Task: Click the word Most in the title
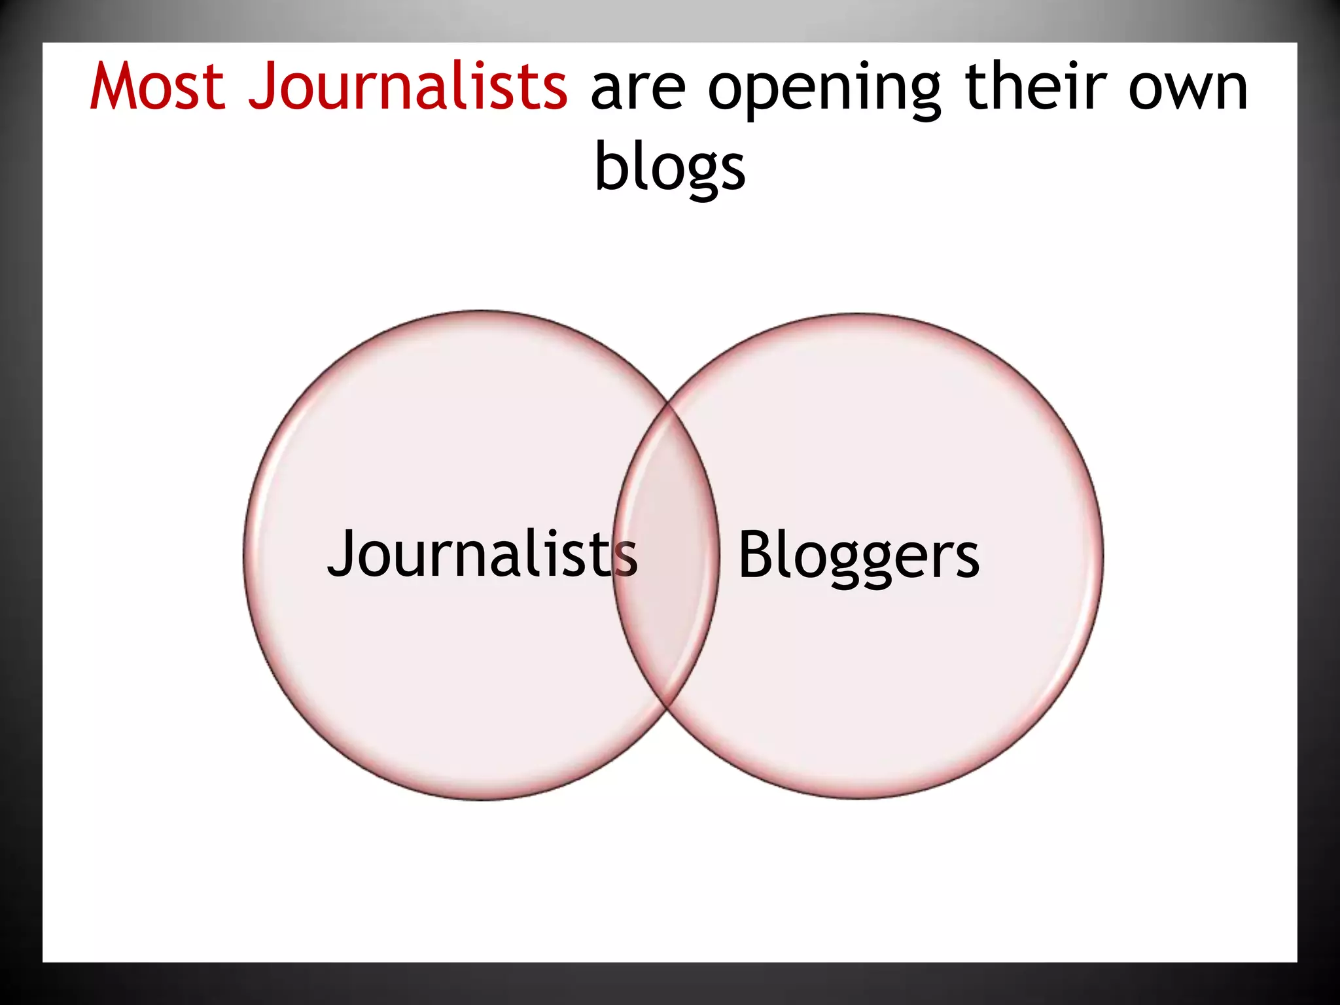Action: (157, 87)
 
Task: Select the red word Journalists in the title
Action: (407, 87)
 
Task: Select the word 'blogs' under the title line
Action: (670, 169)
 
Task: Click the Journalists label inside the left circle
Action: (482, 555)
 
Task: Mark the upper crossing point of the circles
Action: (669, 404)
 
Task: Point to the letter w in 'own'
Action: (1188, 92)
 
